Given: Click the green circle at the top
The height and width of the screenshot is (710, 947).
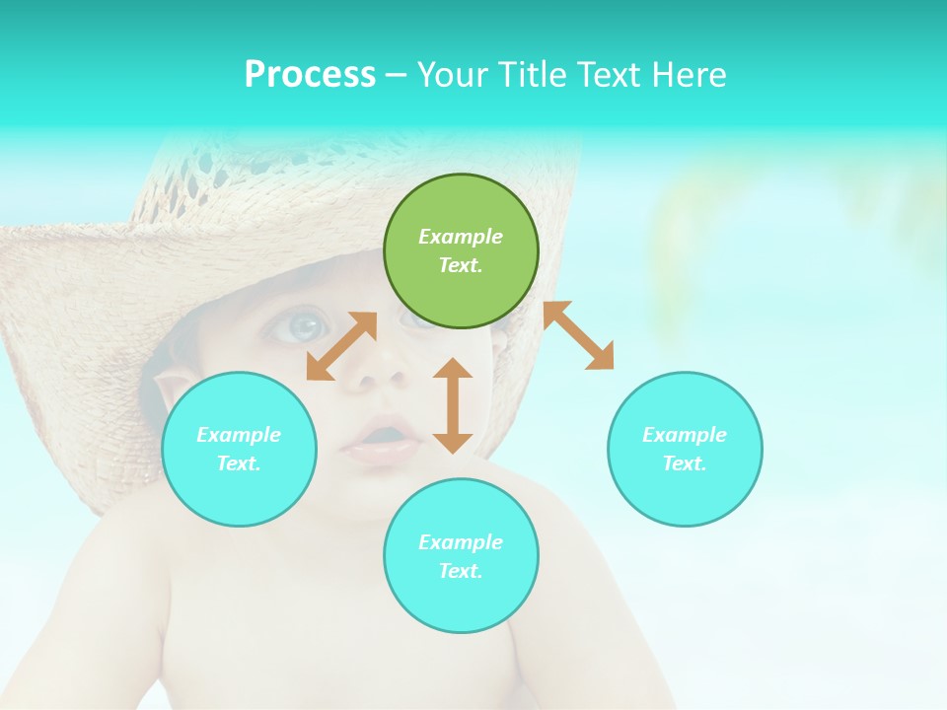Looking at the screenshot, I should point(461,250).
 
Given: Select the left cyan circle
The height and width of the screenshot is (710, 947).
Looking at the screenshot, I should point(239,449).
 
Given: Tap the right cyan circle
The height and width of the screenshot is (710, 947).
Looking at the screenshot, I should point(685,449).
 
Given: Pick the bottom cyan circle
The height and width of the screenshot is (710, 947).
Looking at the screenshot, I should point(461,556).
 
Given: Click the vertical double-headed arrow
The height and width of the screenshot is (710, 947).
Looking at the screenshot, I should point(453,405).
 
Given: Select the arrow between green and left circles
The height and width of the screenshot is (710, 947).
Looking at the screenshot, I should point(341,346).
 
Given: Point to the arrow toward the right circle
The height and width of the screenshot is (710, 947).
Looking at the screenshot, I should point(578,335).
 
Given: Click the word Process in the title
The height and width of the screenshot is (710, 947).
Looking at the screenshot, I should point(310,74).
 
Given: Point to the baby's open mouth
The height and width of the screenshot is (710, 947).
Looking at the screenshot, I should point(382,437).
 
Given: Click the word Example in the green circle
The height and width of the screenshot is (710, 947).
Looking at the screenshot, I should point(461,237).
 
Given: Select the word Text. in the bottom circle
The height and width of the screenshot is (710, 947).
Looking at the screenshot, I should point(461,571).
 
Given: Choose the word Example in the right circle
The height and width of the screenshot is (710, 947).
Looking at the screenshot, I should point(685,435).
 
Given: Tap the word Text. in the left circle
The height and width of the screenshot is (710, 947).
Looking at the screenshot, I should point(239,463).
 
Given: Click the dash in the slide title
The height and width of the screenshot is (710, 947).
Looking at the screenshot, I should point(396,75).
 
